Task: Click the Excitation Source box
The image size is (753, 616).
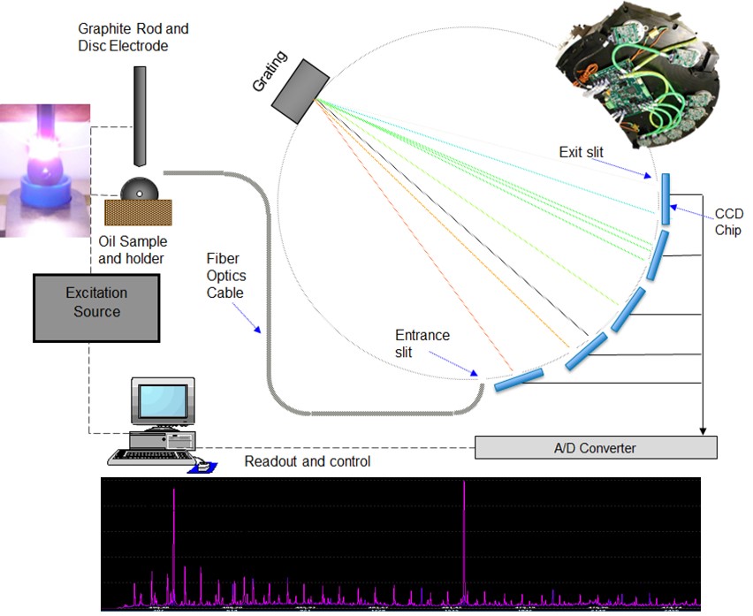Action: point(96,307)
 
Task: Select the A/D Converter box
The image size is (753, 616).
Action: point(596,447)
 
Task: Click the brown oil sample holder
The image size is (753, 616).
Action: point(139,211)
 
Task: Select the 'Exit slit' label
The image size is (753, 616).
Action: point(581,153)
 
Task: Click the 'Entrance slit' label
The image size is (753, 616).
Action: point(422,345)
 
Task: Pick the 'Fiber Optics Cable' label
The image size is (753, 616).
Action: point(227,274)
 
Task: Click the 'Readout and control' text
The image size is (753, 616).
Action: point(308,461)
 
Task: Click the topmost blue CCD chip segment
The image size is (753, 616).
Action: point(667,198)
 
